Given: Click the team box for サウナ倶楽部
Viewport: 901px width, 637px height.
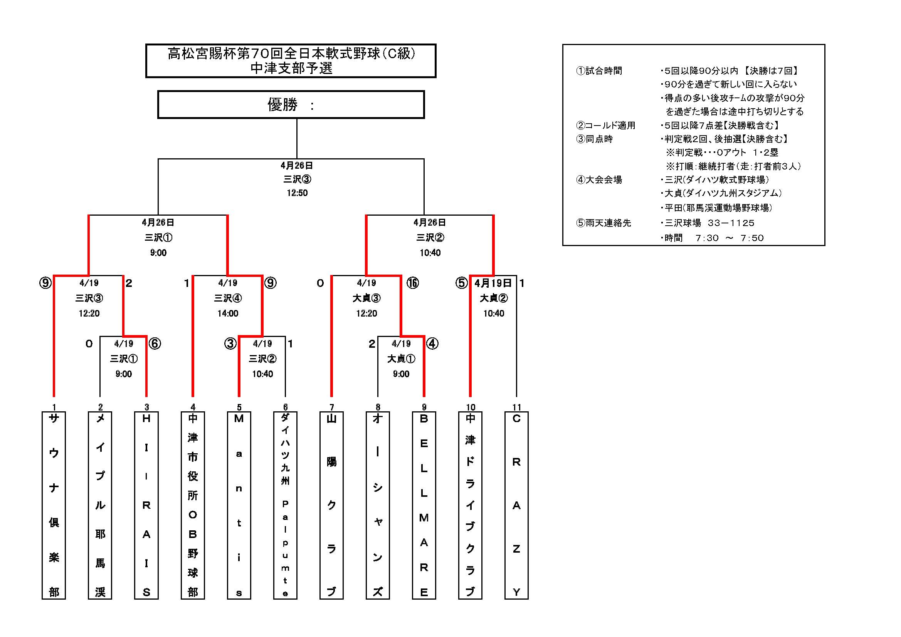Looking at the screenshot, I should pos(54,505).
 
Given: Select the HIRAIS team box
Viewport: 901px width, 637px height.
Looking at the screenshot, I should pos(146,505).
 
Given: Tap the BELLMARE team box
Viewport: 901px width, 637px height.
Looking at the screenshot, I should pos(424,505).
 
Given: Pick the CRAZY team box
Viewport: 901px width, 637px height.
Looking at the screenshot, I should pos(516,505).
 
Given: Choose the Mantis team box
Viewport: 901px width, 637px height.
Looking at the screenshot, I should pos(239,505).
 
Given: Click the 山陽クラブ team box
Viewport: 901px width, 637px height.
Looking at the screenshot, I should pos(331,505).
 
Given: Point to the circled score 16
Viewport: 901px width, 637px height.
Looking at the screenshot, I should pos(412,283).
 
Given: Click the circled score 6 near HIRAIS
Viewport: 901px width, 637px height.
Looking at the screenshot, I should pos(155,344).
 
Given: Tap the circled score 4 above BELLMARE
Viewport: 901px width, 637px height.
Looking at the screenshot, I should pos(432,344).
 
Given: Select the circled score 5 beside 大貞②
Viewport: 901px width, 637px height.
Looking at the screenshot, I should pos(462,283).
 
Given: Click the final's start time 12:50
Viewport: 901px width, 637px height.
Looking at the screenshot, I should pos(297,193).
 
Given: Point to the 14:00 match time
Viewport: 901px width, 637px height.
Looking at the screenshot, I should pos(228,313).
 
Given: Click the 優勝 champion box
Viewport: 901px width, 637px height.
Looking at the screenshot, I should pos(291,105).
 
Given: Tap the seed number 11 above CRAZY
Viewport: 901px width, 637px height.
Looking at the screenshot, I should pos(516,407).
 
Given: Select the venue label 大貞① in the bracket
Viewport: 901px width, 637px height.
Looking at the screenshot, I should pos(401,359).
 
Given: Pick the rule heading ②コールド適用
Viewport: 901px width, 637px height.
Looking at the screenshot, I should pos(605,126).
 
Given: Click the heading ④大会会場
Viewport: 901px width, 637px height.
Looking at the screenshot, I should pos(599,180).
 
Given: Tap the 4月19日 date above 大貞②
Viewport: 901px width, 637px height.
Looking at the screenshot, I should pos(493,283).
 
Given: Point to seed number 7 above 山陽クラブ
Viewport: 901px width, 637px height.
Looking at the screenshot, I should pos(331,407).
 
